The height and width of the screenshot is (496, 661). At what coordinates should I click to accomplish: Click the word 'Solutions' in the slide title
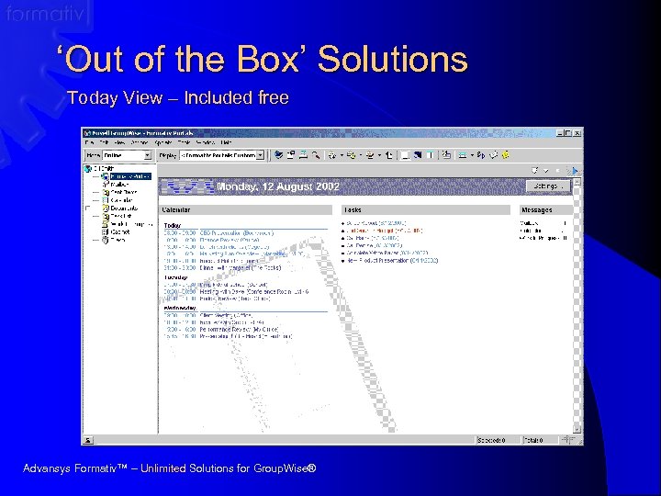click(x=393, y=60)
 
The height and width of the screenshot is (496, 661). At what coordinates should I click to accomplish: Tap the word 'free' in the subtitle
click(x=273, y=98)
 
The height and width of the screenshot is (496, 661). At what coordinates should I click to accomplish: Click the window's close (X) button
click(x=577, y=132)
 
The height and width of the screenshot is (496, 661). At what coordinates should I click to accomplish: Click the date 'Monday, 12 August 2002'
click(x=277, y=186)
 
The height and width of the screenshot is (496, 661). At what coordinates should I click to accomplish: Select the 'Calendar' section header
click(x=176, y=210)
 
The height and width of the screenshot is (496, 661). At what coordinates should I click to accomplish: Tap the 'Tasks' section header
click(x=353, y=210)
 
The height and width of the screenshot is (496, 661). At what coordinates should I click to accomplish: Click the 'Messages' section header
click(x=536, y=210)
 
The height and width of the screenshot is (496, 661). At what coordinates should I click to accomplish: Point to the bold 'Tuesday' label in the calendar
click(x=176, y=276)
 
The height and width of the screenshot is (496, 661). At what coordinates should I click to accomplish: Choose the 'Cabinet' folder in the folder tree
click(x=119, y=232)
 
